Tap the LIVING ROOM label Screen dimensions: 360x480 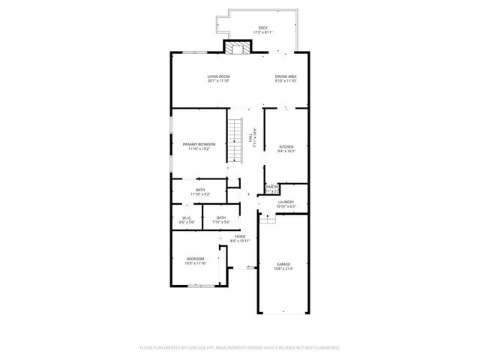pyautogui.click(x=218, y=76)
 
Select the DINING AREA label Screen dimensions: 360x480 pyautogui.click(x=285, y=76)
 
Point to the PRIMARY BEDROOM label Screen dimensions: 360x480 pyautogui.click(x=199, y=144)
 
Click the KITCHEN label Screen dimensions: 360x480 pyautogui.click(x=286, y=146)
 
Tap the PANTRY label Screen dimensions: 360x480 pyautogui.click(x=272, y=187)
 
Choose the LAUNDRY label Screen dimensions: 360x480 pyautogui.click(x=286, y=202)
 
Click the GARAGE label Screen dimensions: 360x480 pyautogui.click(x=283, y=264)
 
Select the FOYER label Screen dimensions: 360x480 pyautogui.click(x=240, y=236)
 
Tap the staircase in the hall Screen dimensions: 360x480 pyautogui.click(x=237, y=140)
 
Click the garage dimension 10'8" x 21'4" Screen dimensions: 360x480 pyautogui.click(x=283, y=268)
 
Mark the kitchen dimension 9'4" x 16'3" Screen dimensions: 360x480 pyautogui.click(x=286, y=151)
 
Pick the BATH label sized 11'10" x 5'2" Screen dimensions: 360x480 pyautogui.click(x=200, y=190)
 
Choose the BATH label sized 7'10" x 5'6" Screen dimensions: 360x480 pyautogui.click(x=221, y=218)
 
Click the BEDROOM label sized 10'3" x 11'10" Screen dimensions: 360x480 pyautogui.click(x=196, y=259)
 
